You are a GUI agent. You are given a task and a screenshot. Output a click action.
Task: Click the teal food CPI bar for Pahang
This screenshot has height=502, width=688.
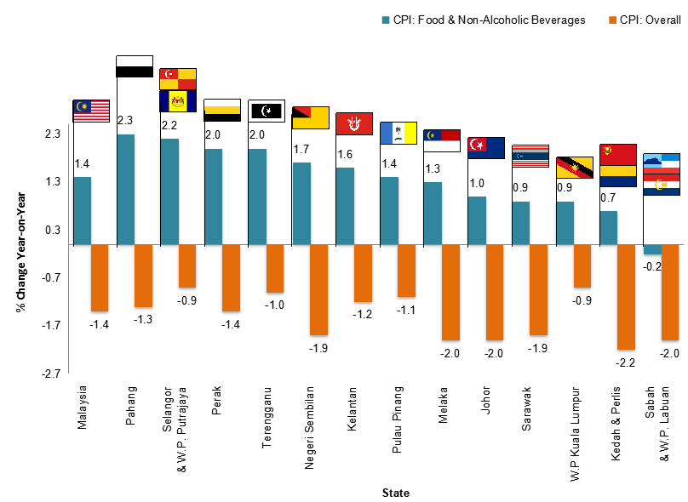click(x=125, y=189)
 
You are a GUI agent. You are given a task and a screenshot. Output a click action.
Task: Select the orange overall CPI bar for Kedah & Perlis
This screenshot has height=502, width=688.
click(x=626, y=297)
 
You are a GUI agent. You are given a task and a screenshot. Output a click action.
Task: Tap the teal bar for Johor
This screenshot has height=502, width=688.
click(x=477, y=220)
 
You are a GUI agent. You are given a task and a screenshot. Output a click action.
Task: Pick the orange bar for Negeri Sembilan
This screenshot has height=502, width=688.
click(x=318, y=289)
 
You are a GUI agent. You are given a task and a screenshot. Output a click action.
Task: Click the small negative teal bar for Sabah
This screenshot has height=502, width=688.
click(x=652, y=249)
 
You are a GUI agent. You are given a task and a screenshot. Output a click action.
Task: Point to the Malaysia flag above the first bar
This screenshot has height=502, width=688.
click(x=92, y=108)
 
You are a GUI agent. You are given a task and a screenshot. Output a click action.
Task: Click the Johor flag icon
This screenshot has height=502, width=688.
click(x=486, y=147)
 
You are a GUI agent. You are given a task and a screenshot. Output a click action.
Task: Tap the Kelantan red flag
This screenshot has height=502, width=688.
click(x=354, y=123)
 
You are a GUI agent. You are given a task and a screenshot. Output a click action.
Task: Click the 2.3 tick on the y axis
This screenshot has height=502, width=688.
click(x=52, y=134)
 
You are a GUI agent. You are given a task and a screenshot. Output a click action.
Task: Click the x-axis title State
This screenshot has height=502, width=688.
click(x=395, y=493)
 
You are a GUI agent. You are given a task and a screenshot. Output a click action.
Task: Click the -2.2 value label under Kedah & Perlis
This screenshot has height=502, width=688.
click(x=626, y=362)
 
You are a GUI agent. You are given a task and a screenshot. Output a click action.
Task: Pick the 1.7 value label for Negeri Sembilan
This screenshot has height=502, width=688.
click(x=301, y=150)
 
